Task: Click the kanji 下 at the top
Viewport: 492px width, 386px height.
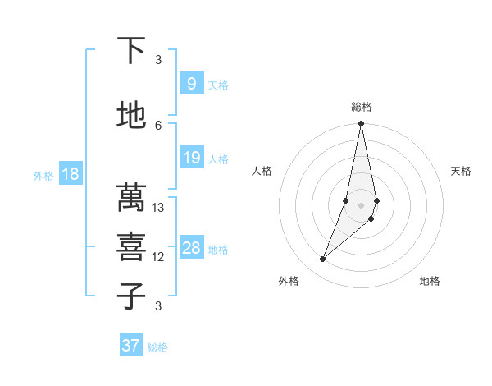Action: click(131, 51)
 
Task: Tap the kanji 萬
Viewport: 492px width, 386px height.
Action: click(131, 198)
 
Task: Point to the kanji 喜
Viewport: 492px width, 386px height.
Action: click(131, 247)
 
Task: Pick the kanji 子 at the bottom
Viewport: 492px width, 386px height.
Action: click(131, 296)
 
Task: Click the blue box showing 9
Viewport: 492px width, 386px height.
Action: click(191, 84)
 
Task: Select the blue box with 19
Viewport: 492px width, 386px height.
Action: click(191, 158)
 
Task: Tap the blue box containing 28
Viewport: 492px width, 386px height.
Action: click(191, 248)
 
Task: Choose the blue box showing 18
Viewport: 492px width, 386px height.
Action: click(70, 174)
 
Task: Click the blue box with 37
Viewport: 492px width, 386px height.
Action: click(130, 346)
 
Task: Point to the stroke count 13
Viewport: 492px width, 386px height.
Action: click(158, 208)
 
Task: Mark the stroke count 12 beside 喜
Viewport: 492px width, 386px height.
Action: click(158, 257)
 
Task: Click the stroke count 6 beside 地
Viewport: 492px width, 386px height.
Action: click(158, 125)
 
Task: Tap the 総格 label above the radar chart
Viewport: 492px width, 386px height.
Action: click(362, 107)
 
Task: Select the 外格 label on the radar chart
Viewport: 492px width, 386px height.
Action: click(289, 281)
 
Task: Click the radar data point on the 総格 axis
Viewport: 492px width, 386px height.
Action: click(362, 124)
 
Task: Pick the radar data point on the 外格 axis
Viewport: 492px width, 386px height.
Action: click(323, 260)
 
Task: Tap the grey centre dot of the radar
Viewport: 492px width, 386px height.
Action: click(362, 205)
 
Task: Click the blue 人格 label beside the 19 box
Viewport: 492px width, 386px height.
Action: click(218, 159)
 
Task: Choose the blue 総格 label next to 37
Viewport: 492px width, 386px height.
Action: click(157, 347)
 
